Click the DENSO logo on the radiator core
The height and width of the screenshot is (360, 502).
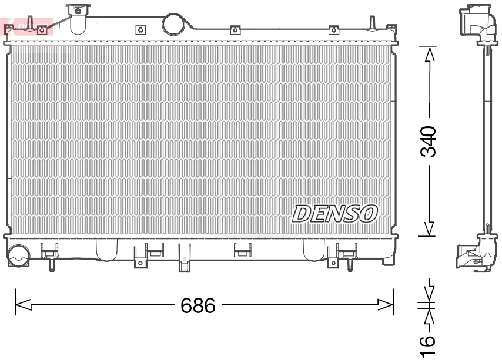click(x=335, y=214)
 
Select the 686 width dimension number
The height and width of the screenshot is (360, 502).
click(x=198, y=305)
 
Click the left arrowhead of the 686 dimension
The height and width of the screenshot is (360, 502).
click(x=22, y=305)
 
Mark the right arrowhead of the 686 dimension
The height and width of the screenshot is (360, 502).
click(x=386, y=305)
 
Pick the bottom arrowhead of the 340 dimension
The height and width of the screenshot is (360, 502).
click(x=430, y=228)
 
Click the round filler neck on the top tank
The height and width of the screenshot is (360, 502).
click(x=173, y=23)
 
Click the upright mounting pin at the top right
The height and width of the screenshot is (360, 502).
click(x=372, y=22)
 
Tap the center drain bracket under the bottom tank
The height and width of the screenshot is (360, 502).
click(x=185, y=265)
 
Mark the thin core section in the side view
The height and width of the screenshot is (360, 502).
click(x=487, y=141)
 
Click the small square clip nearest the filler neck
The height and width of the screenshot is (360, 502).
click(x=140, y=30)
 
